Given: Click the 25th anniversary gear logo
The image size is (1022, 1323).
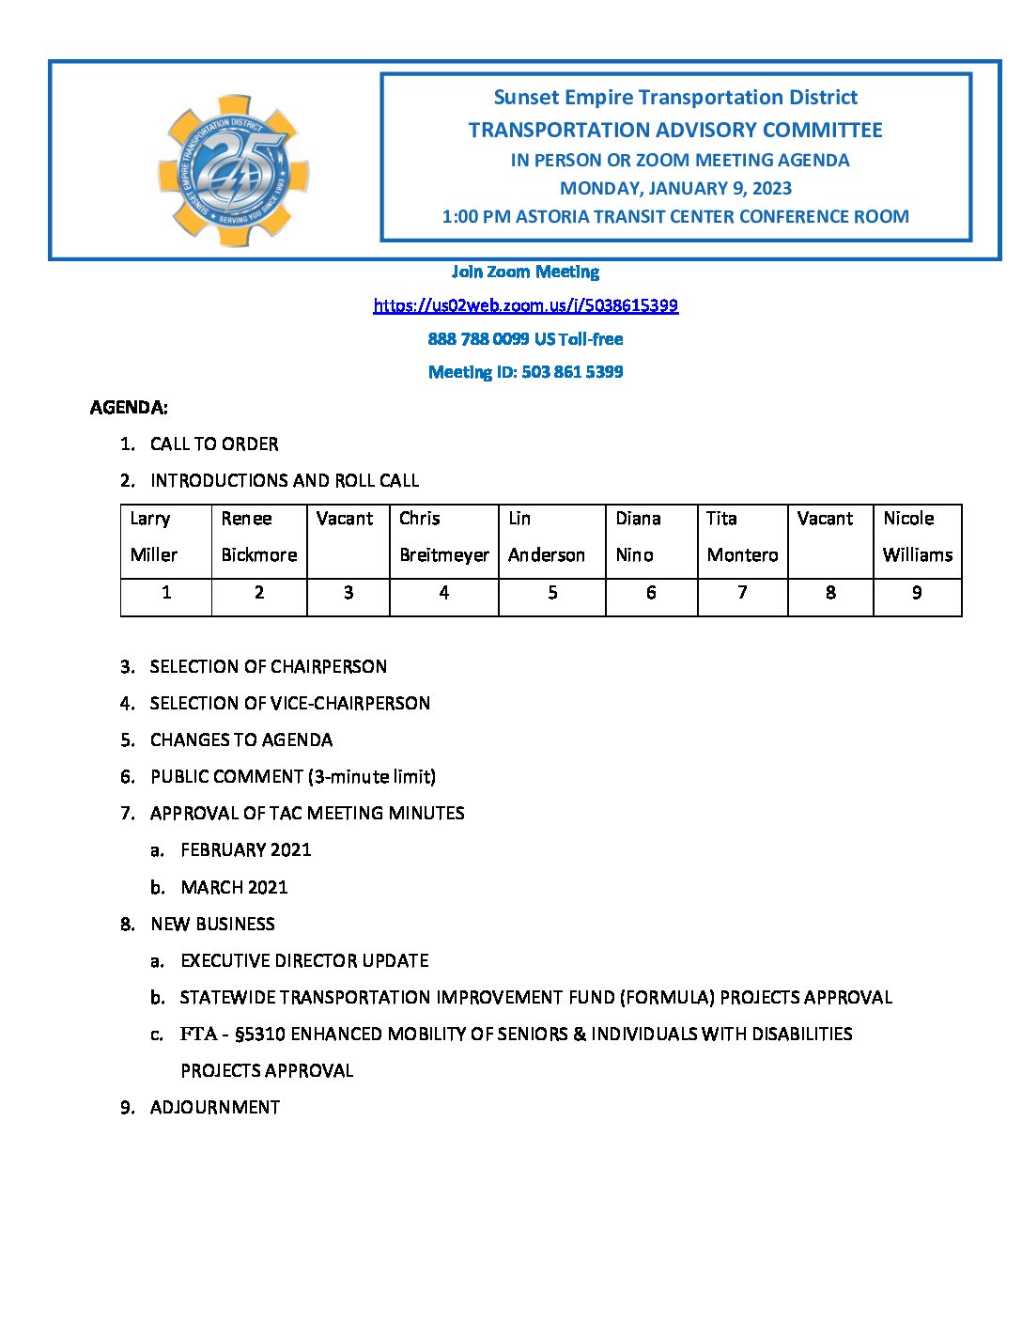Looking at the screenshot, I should [x=233, y=170].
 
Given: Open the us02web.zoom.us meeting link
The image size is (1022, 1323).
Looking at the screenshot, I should [x=525, y=305].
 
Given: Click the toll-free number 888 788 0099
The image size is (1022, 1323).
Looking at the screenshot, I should [x=478, y=339].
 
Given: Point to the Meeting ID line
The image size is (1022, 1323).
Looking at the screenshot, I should [x=525, y=372].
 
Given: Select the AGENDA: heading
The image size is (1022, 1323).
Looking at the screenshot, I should [x=129, y=408].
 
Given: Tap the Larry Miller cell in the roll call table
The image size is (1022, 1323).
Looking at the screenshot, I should [x=166, y=537].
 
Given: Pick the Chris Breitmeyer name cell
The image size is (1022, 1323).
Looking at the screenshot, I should [x=443, y=537].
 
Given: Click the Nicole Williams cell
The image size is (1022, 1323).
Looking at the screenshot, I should [x=917, y=537].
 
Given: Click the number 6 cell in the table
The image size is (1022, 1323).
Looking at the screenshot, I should [x=651, y=593].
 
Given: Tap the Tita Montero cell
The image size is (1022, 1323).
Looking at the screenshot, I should [x=742, y=537].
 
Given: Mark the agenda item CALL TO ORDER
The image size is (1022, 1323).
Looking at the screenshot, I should [x=214, y=444].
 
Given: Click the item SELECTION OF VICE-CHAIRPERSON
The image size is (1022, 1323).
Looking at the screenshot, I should [x=289, y=704].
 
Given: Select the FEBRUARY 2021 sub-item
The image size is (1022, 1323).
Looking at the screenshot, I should [x=245, y=850].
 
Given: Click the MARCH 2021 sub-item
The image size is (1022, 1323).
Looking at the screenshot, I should [x=234, y=888].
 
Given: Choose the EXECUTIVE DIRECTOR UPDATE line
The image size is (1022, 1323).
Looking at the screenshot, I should [x=304, y=961].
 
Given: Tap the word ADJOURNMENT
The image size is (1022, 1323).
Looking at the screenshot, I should [x=215, y=1108].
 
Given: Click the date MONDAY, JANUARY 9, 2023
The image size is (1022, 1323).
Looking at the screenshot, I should [x=675, y=189].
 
